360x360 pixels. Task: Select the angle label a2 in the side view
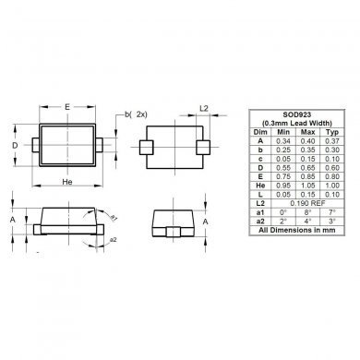[x=114, y=240]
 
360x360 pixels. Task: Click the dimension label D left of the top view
[x=14, y=146]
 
